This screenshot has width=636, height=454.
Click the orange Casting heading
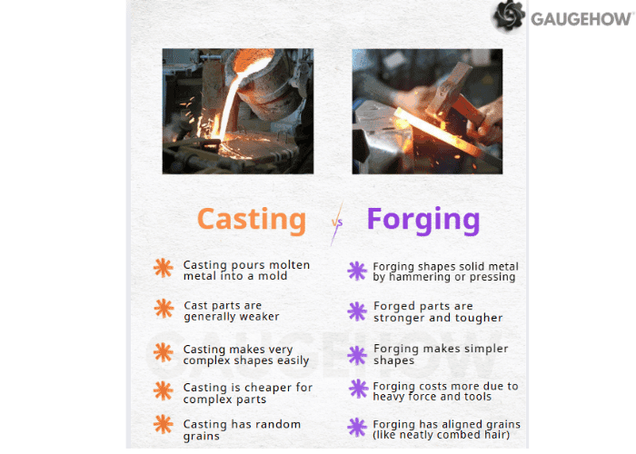click(x=252, y=219)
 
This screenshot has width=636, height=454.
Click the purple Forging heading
click(x=422, y=219)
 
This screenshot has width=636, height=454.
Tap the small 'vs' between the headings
click(x=337, y=222)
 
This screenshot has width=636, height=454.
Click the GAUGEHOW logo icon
click(x=509, y=15)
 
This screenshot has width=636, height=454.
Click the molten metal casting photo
click(x=237, y=111)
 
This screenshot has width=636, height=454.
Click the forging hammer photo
click(x=426, y=111)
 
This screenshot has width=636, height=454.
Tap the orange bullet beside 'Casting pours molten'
click(x=164, y=268)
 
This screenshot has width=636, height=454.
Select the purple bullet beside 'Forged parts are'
click(x=357, y=311)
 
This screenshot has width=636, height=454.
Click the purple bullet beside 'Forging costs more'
click(x=357, y=390)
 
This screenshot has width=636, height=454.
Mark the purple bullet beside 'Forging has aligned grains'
click(x=357, y=428)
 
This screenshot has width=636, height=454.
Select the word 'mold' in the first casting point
click(x=272, y=276)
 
